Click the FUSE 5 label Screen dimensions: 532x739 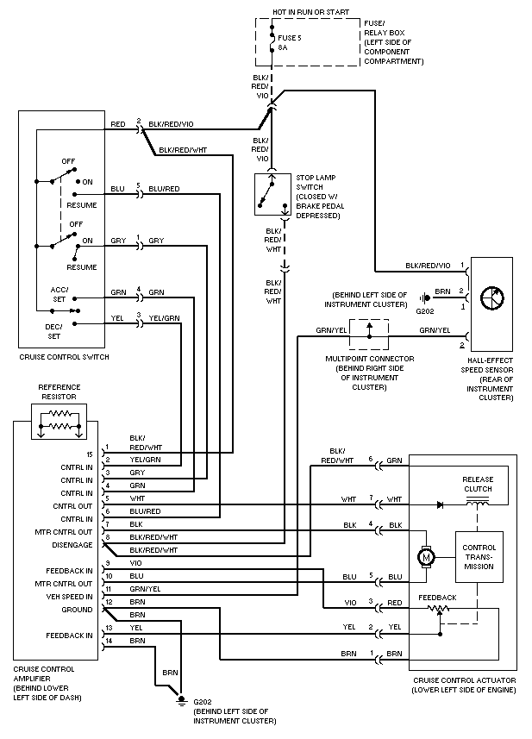coord(290,38)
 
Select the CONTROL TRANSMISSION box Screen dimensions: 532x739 coord(479,557)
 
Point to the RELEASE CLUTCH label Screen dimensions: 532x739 coord(478,484)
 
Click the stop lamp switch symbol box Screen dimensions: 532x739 coord(272,194)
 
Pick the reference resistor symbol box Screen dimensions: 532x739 coord(59,422)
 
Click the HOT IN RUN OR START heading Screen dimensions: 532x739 coord(311,12)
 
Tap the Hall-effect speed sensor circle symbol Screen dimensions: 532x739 coord(492,297)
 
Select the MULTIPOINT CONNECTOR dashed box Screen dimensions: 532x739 coord(369,335)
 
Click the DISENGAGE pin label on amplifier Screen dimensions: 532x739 coord(72,545)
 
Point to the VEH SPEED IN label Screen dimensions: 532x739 coord(69,597)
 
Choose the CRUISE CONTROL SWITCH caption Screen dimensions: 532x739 coord(64,357)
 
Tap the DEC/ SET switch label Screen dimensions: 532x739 coord(53,331)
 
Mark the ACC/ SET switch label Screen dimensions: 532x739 coord(59,295)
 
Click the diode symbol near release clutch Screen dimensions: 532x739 coord(440,504)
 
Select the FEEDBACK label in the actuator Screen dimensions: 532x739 coord(437,598)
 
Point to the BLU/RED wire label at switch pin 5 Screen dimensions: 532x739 coord(164,189)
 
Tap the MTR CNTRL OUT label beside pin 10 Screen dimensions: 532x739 coord(64,584)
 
